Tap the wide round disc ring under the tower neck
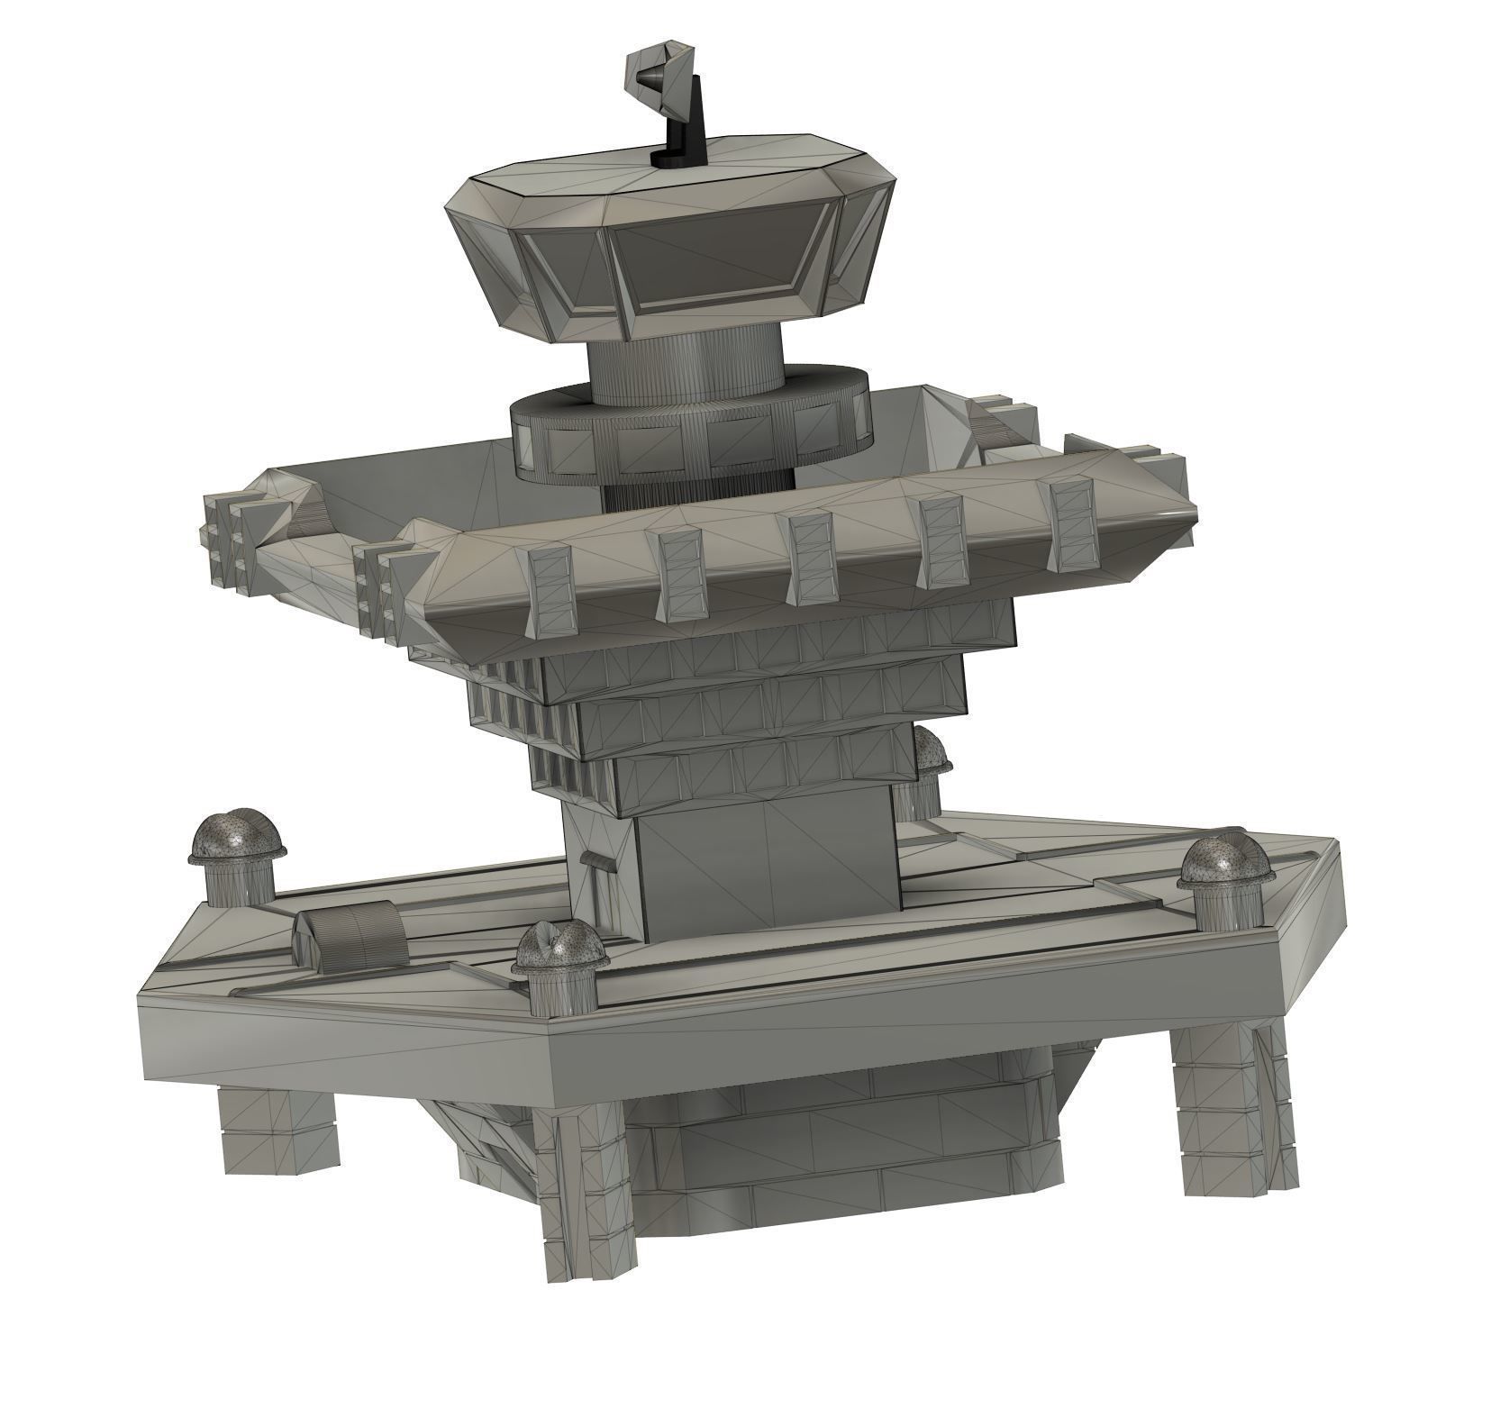690,432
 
